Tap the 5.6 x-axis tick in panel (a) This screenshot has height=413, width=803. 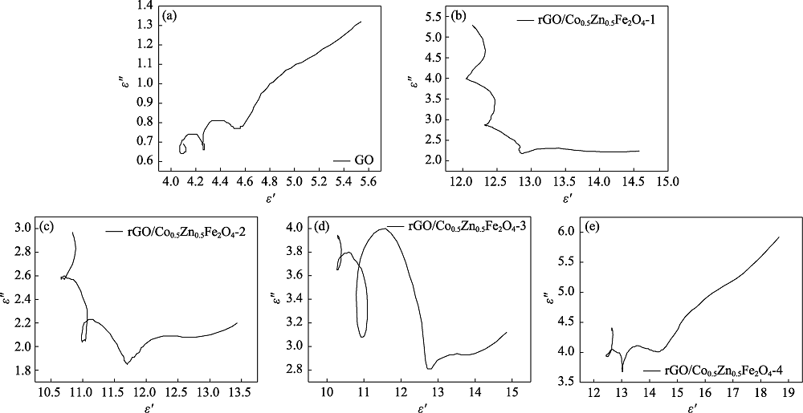(x=443, y=181)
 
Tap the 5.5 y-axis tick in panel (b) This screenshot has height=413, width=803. (x=434, y=16)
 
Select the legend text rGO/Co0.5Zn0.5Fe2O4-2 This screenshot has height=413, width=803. (x=177, y=232)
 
